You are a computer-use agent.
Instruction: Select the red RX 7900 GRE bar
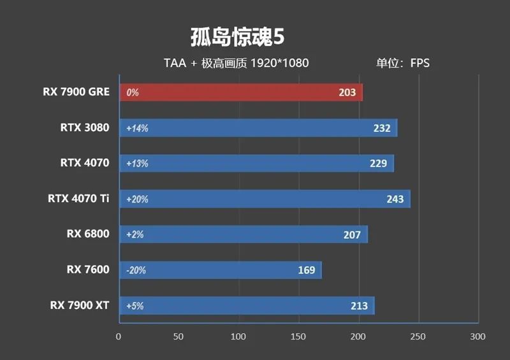(241, 92)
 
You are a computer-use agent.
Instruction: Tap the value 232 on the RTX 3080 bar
(382, 128)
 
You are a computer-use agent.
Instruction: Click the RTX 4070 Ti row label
(78, 198)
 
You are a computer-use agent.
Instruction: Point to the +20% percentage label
(137, 199)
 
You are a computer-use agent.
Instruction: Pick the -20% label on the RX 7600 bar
(136, 270)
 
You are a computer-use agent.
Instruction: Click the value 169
(307, 270)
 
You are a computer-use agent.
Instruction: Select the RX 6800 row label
(87, 234)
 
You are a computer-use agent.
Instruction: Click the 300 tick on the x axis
(477, 336)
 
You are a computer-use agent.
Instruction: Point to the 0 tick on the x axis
(119, 336)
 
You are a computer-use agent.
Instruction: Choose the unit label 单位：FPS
(403, 63)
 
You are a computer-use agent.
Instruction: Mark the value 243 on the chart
(395, 199)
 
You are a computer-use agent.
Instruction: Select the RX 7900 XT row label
(80, 305)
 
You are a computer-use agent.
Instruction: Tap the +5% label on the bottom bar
(135, 306)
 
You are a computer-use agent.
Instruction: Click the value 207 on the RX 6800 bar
(352, 235)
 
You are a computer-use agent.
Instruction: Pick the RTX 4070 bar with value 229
(255, 164)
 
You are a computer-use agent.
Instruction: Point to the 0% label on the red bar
(133, 93)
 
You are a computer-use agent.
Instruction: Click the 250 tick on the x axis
(418, 336)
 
